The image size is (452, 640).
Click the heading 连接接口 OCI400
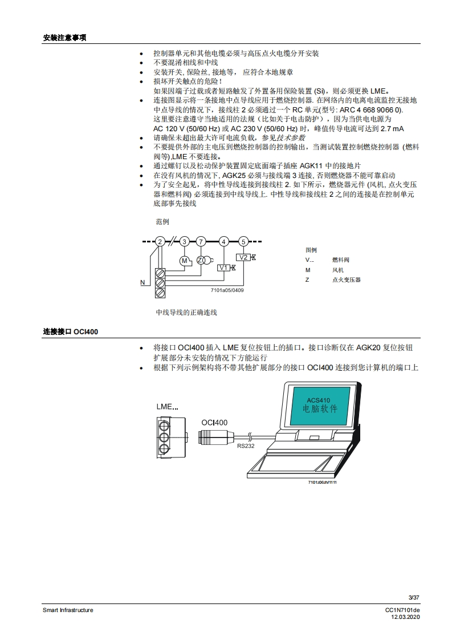[71, 331]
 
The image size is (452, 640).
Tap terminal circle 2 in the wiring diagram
[160, 241]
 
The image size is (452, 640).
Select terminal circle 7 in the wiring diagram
[201, 241]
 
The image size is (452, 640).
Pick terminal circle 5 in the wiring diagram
[243, 241]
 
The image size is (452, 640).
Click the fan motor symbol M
[184, 261]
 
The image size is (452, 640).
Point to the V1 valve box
[223, 268]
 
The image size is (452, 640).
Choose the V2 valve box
[243, 257]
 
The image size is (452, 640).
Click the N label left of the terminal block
[142, 282]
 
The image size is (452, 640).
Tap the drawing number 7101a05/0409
[227, 290]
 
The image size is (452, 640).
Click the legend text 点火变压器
[346, 280]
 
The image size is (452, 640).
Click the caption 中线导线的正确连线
[186, 313]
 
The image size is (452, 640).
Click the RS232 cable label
[246, 446]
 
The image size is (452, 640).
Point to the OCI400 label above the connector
[214, 423]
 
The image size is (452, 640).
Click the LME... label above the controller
[167, 407]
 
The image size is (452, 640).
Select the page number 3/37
[414, 597]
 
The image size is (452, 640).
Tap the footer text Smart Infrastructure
[68, 610]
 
